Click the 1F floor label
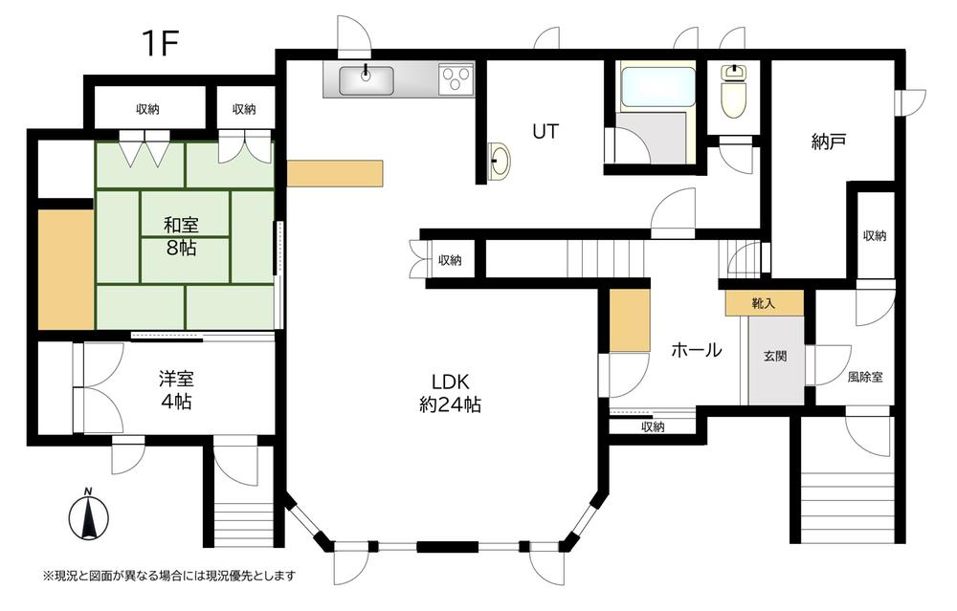coord(160,43)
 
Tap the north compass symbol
coord(88,515)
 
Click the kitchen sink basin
coord(367,80)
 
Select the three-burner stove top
coord(456,80)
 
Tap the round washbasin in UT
coord(500,162)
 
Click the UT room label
coord(545,131)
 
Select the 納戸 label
coord(828,142)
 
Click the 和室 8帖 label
coord(181,236)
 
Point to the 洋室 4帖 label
coord(176,390)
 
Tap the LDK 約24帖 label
coord(451,393)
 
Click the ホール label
coord(697,349)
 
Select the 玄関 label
coord(775,356)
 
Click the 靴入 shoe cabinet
coord(764,303)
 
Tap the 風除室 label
coord(865,377)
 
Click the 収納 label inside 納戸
coord(875,235)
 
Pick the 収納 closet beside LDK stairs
coord(450,260)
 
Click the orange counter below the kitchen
coord(335,173)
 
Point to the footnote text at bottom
coord(169,575)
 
